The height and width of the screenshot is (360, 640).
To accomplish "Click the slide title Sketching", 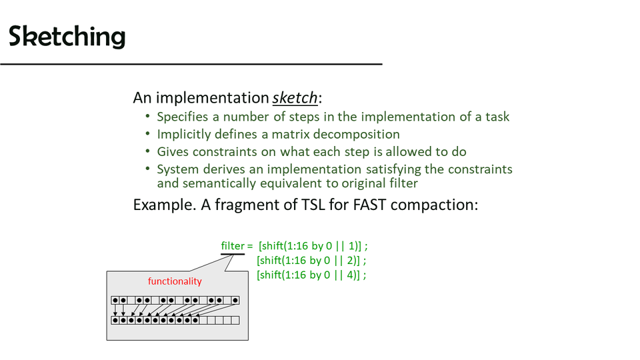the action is [67, 36].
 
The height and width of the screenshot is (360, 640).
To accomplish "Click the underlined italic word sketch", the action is [295, 98].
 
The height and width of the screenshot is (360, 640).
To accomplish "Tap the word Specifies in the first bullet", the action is [183, 117].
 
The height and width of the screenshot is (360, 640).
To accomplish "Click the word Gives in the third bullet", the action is [173, 152].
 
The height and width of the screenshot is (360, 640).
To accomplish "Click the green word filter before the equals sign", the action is [233, 246].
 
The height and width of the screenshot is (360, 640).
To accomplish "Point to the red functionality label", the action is [175, 281].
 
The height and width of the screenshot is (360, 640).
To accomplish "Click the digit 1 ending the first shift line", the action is [351, 246].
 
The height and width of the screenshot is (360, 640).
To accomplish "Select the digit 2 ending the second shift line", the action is [350, 261].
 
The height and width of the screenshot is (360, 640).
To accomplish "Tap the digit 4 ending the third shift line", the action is [350, 275].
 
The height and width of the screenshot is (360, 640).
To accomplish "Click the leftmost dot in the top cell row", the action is [115, 301].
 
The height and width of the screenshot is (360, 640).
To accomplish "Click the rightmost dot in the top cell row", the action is [235, 301].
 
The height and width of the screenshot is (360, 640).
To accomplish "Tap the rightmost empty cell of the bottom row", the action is [235, 321].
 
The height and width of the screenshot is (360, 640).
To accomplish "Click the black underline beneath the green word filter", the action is [233, 254].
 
